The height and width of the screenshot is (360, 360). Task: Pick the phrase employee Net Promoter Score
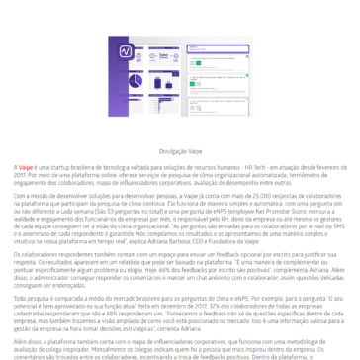point(283,212)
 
